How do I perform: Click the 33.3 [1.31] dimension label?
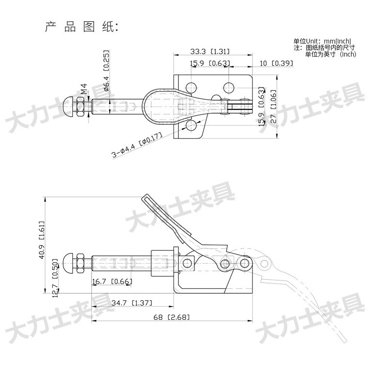pyautogui.click(x=210, y=51)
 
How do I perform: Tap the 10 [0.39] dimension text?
pyautogui.click(x=276, y=63)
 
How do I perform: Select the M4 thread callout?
pyautogui.click(x=84, y=89)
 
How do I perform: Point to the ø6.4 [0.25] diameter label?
pyautogui.click(x=107, y=71)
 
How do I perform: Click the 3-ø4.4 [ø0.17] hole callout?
pyautogui.click(x=137, y=145)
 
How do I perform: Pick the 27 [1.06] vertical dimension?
pyautogui.click(x=273, y=106)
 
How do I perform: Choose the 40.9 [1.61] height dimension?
pyautogui.click(x=42, y=240)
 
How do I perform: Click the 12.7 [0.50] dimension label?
pyautogui.click(x=55, y=278)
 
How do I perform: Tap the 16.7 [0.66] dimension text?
pyautogui.click(x=112, y=282)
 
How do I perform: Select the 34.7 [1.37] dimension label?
pyautogui.click(x=132, y=303)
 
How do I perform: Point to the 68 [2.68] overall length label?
pyautogui.click(x=172, y=317)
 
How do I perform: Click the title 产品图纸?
pyautogui.click(x=81, y=27)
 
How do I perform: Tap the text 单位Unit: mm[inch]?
pyautogui.click(x=322, y=41)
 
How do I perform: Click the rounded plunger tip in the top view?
pyautogui.click(x=68, y=107)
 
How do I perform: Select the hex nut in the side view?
pyautogui.click(x=80, y=264)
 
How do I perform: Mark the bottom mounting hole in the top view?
pyautogui.click(x=191, y=125)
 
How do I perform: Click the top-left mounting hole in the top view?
pyautogui.click(x=191, y=87)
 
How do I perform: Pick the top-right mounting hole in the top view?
pyautogui.click(x=229, y=87)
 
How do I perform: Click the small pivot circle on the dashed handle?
pyautogui.click(x=264, y=264)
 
